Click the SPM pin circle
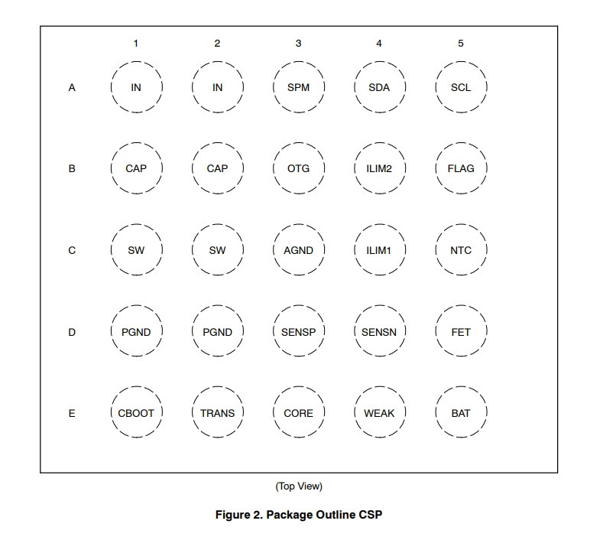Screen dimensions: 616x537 pyautogui.click(x=299, y=87)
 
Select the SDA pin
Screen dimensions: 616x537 pyautogui.click(x=380, y=87)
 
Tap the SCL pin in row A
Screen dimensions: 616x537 pyautogui.click(x=461, y=87)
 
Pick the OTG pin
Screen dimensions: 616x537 pyautogui.click(x=299, y=168)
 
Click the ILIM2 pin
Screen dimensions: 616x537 pyautogui.click(x=380, y=168)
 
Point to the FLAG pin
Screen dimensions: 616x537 pyautogui.click(x=461, y=168)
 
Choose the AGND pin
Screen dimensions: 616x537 pyautogui.click(x=299, y=249)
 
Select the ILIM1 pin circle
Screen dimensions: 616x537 pyautogui.click(x=380, y=249)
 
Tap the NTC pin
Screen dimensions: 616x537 pyautogui.click(x=461, y=249)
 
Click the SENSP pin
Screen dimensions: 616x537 pyautogui.click(x=299, y=331)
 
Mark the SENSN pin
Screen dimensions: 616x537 pyautogui.click(x=380, y=331)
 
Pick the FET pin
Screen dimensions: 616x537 pyautogui.click(x=461, y=331)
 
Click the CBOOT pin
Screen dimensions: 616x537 pyautogui.click(x=136, y=412)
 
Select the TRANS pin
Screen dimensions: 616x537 pyautogui.click(x=218, y=412)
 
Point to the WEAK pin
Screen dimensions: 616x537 pyautogui.click(x=380, y=412)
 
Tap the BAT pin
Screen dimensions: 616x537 pyautogui.click(x=461, y=412)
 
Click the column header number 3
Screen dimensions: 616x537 pyautogui.click(x=299, y=44)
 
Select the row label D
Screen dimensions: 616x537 pyautogui.click(x=72, y=332)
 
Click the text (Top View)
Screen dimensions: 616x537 pyautogui.click(x=299, y=487)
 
